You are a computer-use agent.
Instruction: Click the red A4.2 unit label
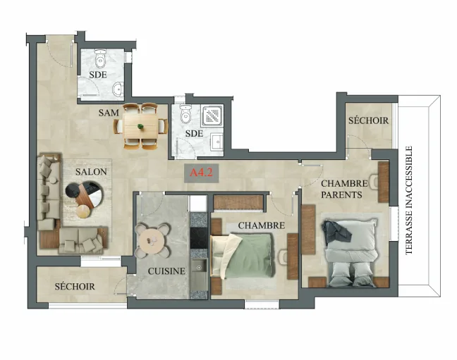tap(201, 173)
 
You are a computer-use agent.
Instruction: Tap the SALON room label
tap(91, 172)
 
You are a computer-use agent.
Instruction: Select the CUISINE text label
tap(166, 271)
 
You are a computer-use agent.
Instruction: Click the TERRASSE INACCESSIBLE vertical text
tap(409, 200)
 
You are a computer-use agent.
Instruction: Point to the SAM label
tap(109, 113)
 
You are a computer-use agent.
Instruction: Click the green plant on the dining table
tap(140, 126)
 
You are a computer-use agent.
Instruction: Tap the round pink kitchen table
tap(152, 241)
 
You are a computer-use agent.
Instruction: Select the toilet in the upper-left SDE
tap(100, 57)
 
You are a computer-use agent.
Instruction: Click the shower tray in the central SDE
tap(212, 116)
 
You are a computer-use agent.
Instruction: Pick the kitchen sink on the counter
tap(199, 269)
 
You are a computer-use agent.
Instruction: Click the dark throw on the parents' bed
tap(336, 231)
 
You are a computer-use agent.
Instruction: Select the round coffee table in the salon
tap(84, 195)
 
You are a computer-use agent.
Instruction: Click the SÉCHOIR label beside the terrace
tap(368, 120)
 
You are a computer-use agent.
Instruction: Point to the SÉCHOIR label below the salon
tap(75, 287)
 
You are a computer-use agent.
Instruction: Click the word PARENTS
tap(341, 195)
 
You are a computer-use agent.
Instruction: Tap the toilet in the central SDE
tap(185, 114)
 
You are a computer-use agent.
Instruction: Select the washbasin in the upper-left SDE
tap(118, 89)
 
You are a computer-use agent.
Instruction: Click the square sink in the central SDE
tap(217, 143)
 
